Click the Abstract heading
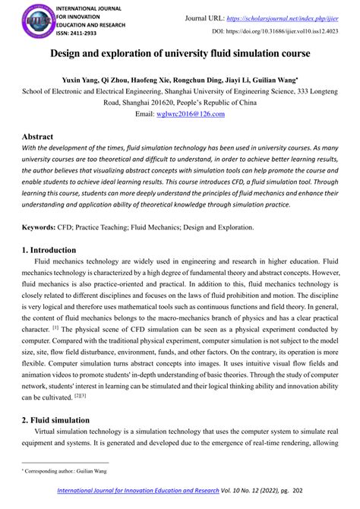click(x=37, y=137)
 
